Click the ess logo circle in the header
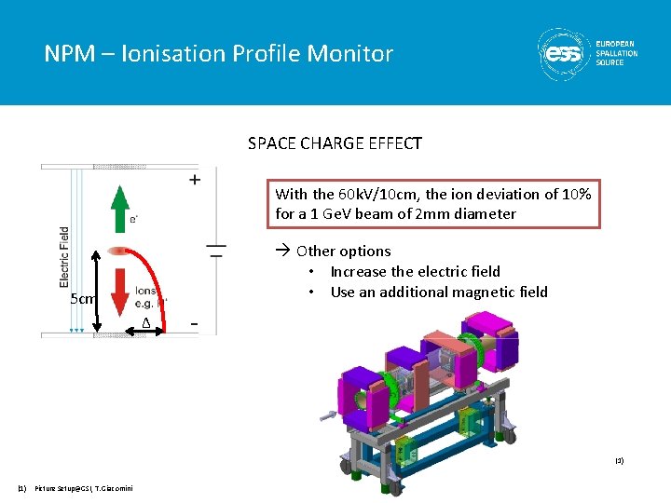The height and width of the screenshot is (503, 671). click(563, 53)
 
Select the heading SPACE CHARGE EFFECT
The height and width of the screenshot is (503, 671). click(335, 143)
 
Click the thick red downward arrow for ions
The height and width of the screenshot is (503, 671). click(118, 289)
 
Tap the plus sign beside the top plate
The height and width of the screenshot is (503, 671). click(194, 180)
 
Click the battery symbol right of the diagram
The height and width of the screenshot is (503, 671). click(215, 250)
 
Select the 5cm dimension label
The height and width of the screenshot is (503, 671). click(82, 299)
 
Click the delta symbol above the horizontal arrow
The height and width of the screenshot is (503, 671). click(145, 322)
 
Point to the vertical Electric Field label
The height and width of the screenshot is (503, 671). click(64, 256)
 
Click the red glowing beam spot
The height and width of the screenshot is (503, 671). click(118, 251)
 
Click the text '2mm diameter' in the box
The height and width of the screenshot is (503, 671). click(472, 214)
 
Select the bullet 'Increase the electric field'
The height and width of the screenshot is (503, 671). click(415, 272)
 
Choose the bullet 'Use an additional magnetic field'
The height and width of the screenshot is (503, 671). click(439, 292)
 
